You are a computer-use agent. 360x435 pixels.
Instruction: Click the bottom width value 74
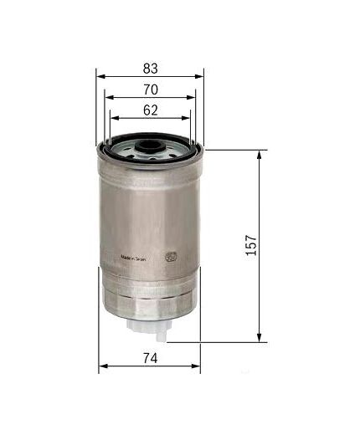pos(151,357)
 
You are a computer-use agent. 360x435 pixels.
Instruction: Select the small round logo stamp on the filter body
pos(173,258)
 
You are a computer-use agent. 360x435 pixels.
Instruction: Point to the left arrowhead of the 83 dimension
pos(100,76)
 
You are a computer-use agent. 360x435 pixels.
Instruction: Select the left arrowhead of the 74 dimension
pos(102,367)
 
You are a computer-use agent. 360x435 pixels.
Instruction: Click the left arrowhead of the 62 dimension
pos(112,118)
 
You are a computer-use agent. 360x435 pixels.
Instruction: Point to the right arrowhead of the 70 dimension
pos(193,97)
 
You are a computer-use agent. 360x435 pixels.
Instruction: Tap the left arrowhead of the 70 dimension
pos(108,97)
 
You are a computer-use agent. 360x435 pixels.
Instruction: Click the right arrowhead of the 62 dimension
pos(188,118)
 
